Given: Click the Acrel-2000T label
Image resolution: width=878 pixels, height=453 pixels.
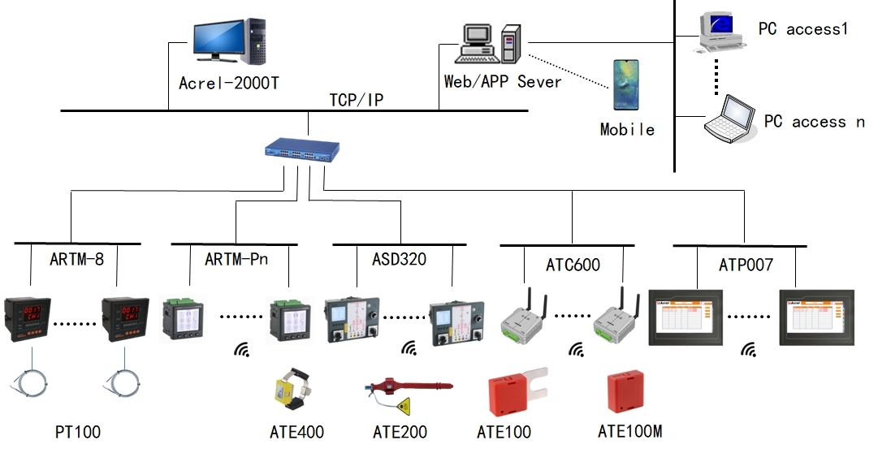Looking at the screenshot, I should [x=229, y=83].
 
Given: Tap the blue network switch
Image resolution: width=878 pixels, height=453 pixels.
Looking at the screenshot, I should [x=302, y=151].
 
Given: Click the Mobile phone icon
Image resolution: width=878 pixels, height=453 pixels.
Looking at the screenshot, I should [x=626, y=84].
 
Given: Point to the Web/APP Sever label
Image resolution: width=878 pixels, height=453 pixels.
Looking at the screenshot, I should [x=503, y=82].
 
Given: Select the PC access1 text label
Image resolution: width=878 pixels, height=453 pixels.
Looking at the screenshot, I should [x=802, y=29].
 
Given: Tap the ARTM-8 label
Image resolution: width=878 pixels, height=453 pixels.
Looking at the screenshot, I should [x=76, y=260].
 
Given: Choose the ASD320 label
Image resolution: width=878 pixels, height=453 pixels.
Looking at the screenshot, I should [x=399, y=260].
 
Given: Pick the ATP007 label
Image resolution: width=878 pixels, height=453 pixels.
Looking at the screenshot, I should [x=746, y=265].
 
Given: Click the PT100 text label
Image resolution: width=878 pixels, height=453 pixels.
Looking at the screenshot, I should [x=77, y=431].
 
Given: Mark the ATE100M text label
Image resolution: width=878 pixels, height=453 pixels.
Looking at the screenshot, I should [x=629, y=430].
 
